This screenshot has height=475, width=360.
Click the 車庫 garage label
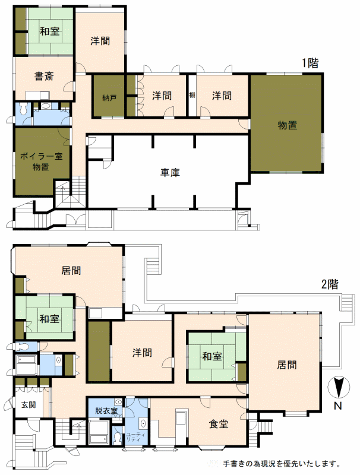coord(170,172)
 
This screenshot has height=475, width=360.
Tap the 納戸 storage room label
coord(109,98)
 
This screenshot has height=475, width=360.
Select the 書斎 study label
coord(44,76)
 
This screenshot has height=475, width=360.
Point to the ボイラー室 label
coord(41,156)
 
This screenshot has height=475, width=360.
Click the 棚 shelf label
coord(192,95)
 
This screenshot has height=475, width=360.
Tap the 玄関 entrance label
coord(29,405)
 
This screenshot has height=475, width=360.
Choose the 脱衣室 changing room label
coord(106,411)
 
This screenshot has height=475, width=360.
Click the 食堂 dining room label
coord(219,424)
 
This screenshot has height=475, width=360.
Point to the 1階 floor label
coord(310,63)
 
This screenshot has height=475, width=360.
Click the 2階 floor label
coord(330,284)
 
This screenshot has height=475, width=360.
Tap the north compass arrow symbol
coord(339,387)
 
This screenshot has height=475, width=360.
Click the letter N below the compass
coord(338,406)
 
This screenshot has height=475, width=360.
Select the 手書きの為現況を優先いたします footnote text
coord(282,464)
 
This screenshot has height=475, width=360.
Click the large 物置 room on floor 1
coord(288,125)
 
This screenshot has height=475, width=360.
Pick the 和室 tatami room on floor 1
coord(50,31)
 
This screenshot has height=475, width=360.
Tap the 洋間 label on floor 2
coord(142,353)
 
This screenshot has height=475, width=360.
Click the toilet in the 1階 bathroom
coord(23,109)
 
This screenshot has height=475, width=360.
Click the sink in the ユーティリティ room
coord(143,423)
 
